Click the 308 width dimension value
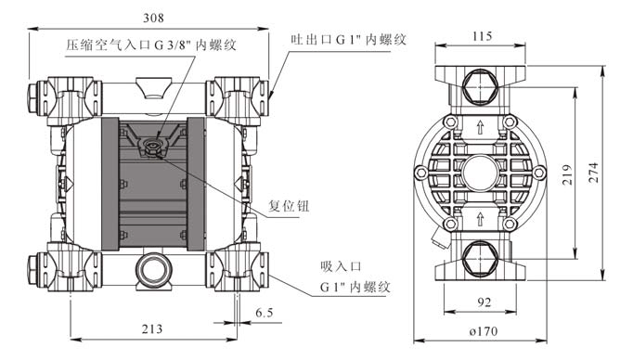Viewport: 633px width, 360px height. pos(154,19)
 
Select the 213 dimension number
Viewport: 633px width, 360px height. pos(152,329)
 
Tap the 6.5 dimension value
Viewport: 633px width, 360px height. pos(265,313)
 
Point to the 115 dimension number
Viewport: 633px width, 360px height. pos(482,37)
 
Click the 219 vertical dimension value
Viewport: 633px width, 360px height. pos(568,174)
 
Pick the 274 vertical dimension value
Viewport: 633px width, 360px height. pos(593,173)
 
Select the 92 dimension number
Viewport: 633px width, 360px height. pos(484,302)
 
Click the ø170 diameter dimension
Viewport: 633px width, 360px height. pos(484,332)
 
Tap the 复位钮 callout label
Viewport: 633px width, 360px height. pos(289,206)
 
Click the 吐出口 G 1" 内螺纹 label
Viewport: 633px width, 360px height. pos(349,40)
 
